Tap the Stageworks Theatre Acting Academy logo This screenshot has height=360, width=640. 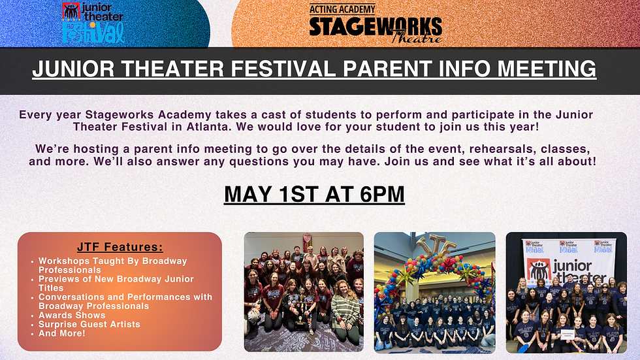click(375, 23)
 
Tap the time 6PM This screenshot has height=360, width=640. click(380, 194)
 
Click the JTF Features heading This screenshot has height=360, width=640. click(120, 247)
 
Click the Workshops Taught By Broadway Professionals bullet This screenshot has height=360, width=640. click(112, 265)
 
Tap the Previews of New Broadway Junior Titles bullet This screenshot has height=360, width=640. click(116, 283)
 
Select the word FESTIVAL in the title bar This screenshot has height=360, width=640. click(268, 69)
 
